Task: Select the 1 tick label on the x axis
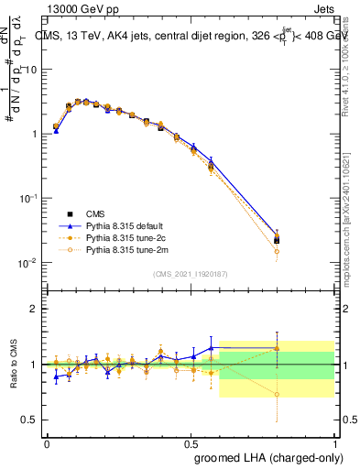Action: click(334, 442)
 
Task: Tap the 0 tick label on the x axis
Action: click(46, 442)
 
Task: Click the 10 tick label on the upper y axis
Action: click(30, 70)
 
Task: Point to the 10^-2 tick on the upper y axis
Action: click(27, 263)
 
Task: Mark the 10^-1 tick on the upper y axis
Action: click(27, 199)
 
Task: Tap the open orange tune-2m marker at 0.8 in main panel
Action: click(277, 251)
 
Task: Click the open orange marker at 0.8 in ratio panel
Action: click(277, 395)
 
